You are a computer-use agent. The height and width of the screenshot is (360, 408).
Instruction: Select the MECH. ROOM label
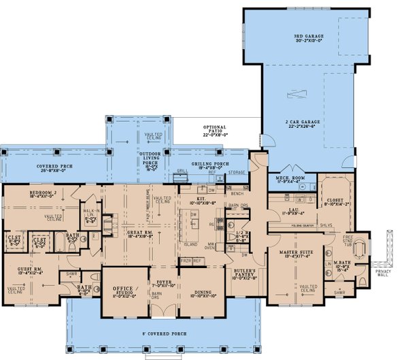289,178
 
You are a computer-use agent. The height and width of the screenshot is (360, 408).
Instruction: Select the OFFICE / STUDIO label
124,293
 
